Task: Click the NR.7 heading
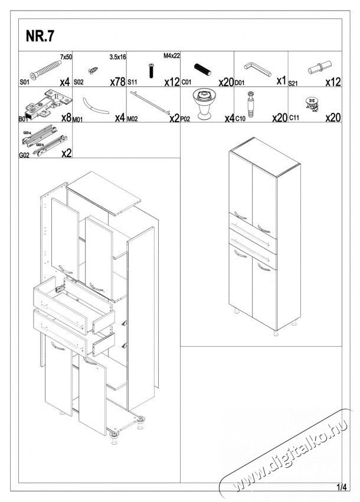coord(40,37)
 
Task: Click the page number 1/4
coord(341,487)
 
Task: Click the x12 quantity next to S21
coord(333,82)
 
